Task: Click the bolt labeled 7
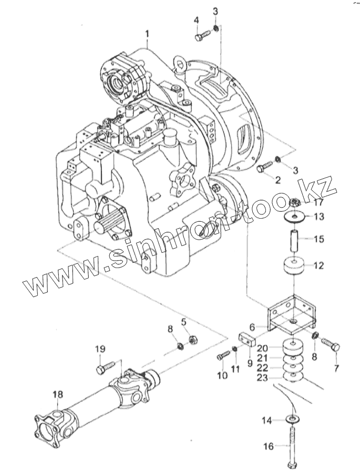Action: click(x=332, y=346)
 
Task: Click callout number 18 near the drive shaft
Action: click(x=57, y=394)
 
